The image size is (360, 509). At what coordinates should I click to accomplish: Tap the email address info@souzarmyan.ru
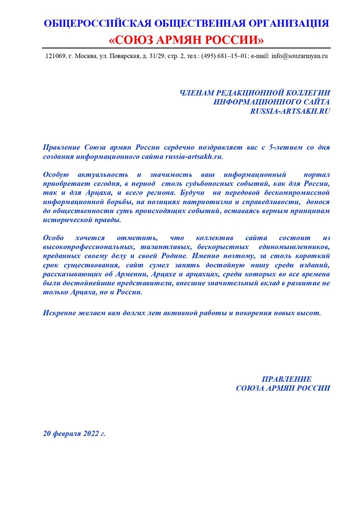299,56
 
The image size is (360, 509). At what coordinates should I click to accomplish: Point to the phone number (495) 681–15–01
225,56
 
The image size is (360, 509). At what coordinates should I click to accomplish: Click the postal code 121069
55,56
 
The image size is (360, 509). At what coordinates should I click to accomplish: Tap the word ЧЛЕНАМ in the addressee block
198,92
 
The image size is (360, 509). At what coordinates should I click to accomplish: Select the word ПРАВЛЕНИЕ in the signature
287,379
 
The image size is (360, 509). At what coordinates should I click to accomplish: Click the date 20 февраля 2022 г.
74,434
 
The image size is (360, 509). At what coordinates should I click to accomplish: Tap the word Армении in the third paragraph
126,274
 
